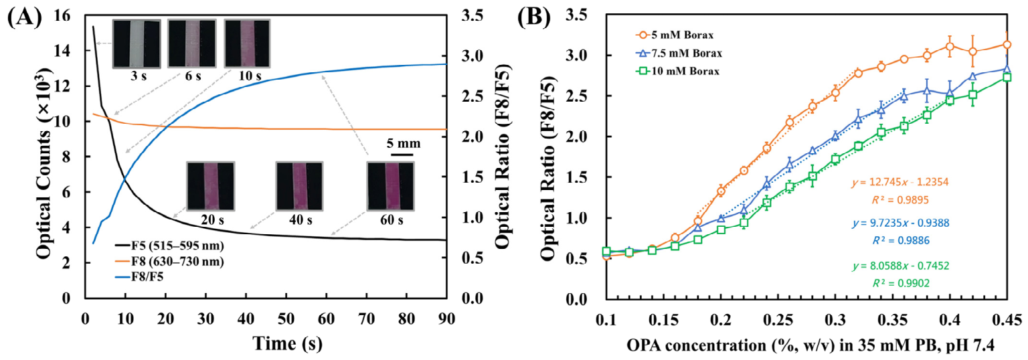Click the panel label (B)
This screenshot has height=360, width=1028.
pyautogui.click(x=533, y=17)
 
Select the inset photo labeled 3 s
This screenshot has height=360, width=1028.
pyautogui.click(x=137, y=43)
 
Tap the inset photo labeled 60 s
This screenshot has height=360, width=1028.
pyautogui.click(x=391, y=186)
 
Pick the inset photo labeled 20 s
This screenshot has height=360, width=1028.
pyautogui.click(x=211, y=186)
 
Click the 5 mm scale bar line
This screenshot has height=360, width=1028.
pyautogui.click(x=402, y=155)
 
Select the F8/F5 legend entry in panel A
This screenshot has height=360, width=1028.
pyautogui.click(x=139, y=277)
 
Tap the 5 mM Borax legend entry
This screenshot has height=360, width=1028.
pyautogui.click(x=675, y=35)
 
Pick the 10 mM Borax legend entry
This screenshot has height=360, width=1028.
pyautogui.click(x=677, y=71)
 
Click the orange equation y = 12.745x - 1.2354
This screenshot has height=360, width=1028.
pyautogui.click(x=900, y=182)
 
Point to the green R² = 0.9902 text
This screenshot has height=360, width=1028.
pyautogui.click(x=901, y=283)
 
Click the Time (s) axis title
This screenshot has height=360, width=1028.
pyautogui.click(x=287, y=343)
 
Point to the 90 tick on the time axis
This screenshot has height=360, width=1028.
pyautogui.click(x=446, y=319)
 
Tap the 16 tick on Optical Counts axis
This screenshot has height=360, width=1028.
pyautogui.click(x=62, y=16)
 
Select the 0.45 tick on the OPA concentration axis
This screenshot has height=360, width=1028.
pyautogui.click(x=1007, y=320)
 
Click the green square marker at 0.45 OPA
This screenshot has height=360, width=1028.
pyautogui.click(x=1007, y=77)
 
